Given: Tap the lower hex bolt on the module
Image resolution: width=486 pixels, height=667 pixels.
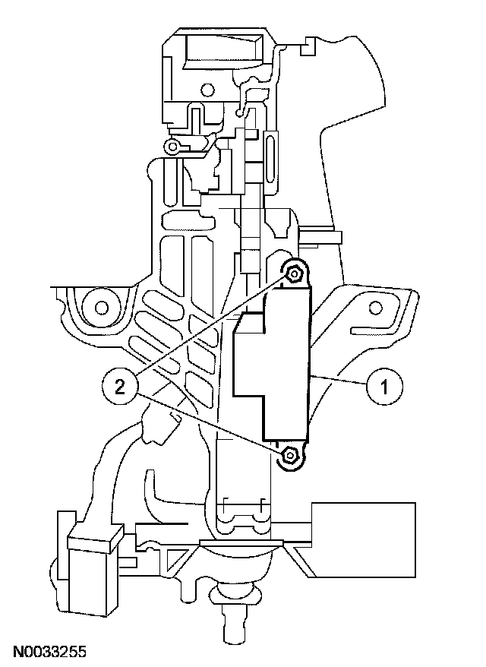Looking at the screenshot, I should (x=289, y=456).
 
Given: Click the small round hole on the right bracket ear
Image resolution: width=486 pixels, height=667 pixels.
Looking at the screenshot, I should (x=374, y=307).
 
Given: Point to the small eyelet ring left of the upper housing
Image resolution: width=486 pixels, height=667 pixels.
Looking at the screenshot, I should (x=173, y=146).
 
